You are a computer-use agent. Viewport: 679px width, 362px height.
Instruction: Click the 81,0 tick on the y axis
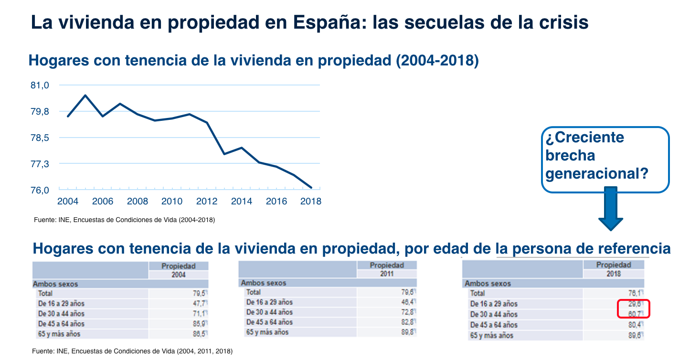[40, 85]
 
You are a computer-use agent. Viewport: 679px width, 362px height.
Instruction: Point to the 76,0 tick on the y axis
[40, 190]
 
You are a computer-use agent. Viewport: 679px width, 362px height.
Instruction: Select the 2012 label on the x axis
[206, 202]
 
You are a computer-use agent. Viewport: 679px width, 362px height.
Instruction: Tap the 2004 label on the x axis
[68, 202]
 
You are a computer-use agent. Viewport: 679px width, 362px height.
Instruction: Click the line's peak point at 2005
[85, 96]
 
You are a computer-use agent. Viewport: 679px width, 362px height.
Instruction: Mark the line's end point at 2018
[311, 188]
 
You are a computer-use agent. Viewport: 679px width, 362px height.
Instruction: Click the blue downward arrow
[610, 209]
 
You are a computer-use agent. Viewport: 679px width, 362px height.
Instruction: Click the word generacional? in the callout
[597, 173]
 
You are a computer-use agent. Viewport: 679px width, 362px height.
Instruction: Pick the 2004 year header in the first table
[179, 275]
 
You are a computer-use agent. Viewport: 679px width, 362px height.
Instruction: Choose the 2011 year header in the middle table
[386, 274]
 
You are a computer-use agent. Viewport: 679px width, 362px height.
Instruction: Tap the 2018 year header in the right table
[614, 274]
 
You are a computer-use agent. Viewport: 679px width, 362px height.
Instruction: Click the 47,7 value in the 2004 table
[200, 303]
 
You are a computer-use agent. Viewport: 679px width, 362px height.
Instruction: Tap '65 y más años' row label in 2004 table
[59, 334]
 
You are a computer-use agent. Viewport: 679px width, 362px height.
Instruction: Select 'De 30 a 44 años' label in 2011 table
[269, 312]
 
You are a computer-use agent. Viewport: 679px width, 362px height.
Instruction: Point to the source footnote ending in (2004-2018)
[124, 220]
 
